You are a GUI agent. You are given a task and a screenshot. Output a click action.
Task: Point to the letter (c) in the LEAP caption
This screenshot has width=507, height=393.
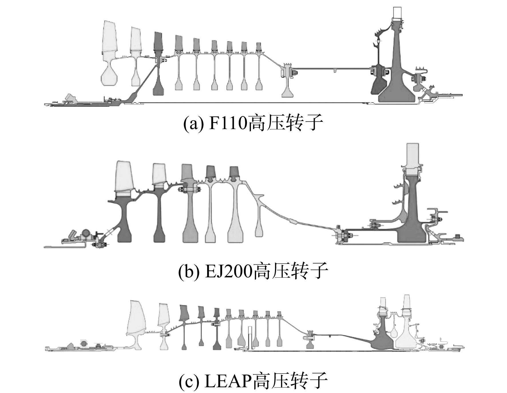coord(189,381)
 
